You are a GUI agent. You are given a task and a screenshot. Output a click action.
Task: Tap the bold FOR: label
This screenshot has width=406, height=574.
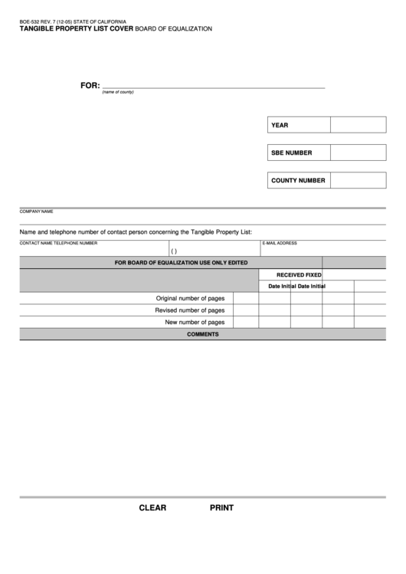(90, 85)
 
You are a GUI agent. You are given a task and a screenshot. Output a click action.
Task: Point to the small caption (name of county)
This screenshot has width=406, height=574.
(118, 93)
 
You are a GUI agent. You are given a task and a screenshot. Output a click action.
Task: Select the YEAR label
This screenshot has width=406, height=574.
(280, 125)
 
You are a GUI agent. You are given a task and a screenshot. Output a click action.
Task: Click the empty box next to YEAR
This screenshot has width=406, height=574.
(358, 125)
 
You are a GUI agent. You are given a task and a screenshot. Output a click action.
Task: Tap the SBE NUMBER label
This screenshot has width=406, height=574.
(292, 153)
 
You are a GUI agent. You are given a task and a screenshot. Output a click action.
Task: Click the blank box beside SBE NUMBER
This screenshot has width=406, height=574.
(358, 153)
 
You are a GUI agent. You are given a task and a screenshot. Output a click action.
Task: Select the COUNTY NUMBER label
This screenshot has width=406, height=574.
(298, 181)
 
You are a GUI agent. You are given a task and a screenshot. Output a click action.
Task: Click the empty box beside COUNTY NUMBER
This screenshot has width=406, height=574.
(358, 181)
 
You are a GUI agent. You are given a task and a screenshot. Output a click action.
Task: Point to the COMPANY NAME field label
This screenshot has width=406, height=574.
(36, 211)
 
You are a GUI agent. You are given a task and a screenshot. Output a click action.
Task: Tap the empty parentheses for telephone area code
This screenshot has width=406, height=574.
(174, 251)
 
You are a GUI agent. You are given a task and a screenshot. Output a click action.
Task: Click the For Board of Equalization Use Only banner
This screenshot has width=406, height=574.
(181, 262)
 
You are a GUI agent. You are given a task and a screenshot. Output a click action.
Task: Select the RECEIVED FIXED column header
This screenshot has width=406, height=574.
(299, 274)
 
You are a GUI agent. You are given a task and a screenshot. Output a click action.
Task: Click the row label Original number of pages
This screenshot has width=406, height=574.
(190, 298)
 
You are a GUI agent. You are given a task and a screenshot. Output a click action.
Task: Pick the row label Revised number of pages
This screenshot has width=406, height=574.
(189, 310)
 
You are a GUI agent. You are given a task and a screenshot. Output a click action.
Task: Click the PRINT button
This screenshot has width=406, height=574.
(221, 507)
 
